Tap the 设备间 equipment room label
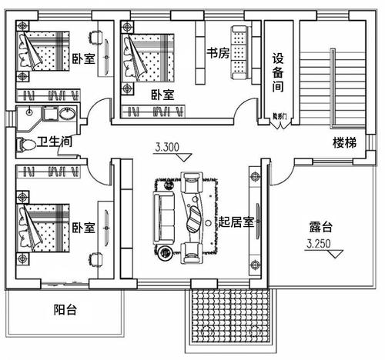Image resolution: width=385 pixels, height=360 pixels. click(280, 73)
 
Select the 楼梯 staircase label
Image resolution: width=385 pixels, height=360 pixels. click(344, 142)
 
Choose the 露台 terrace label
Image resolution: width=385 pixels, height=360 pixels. click(320, 227)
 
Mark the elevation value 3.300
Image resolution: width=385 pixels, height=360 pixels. click(168, 146)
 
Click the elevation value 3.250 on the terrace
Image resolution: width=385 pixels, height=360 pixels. click(320, 245)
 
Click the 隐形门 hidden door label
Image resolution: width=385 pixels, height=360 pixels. click(279, 116)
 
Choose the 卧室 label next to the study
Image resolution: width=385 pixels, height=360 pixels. click(162, 94)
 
